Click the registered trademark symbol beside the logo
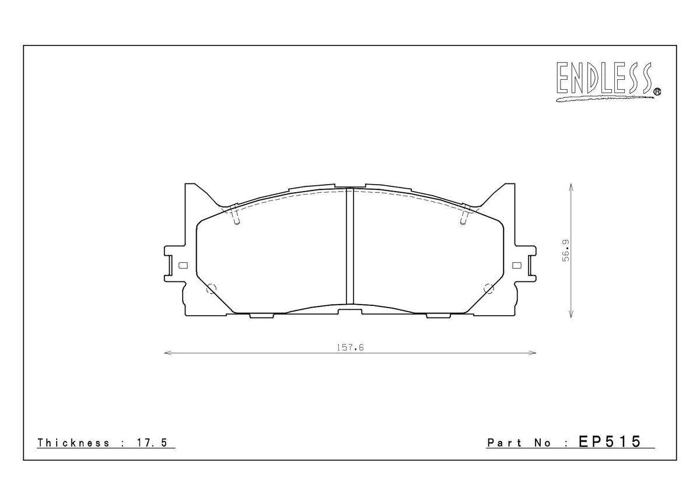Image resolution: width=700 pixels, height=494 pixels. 657,90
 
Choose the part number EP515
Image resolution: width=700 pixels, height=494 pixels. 610,442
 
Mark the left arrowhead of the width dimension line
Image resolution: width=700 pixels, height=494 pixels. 166,353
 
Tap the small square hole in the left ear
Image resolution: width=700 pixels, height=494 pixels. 183,266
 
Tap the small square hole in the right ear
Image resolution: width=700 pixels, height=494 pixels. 516,266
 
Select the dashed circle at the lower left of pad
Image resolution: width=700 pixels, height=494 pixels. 211,288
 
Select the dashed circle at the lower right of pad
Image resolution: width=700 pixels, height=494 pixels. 489,288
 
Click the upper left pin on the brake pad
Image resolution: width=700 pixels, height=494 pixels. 235,216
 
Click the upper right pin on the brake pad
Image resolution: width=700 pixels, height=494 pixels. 465,216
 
